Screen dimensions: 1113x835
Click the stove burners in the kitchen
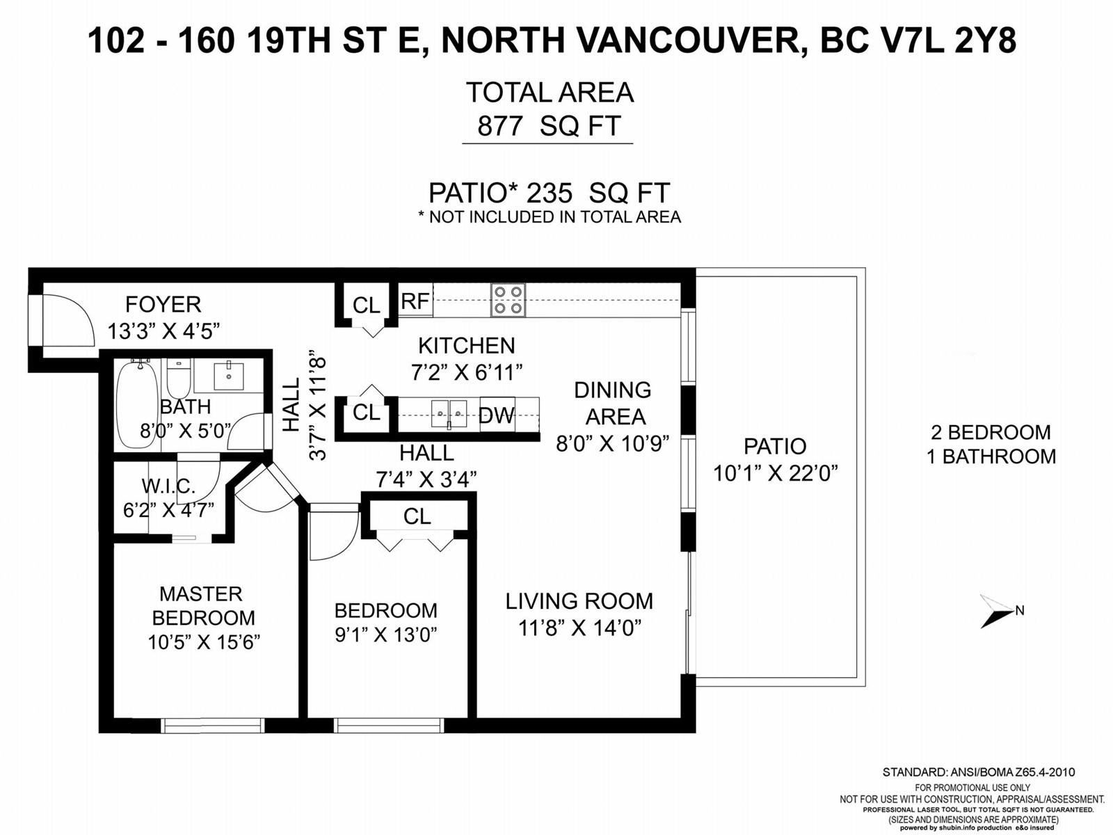click(508, 300)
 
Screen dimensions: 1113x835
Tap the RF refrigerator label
click(415, 301)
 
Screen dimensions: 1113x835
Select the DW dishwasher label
click(497, 415)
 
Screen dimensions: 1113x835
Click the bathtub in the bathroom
click(136, 404)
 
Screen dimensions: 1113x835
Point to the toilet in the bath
click(178, 379)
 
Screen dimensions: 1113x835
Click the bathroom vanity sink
click(229, 376)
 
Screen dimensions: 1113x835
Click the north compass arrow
click(998, 612)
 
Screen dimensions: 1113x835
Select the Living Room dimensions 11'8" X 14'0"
click(579, 629)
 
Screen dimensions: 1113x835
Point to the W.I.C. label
click(168, 486)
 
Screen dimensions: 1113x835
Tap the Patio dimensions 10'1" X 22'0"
click(776, 474)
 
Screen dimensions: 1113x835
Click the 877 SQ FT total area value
click(549, 126)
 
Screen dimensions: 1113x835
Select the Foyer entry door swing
click(68, 320)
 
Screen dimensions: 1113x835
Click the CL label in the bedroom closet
click(417, 516)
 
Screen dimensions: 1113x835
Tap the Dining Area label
click(613, 404)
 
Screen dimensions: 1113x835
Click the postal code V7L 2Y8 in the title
click(918, 40)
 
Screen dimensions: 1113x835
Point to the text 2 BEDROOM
click(991, 432)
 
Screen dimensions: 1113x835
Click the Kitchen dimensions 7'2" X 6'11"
click(467, 373)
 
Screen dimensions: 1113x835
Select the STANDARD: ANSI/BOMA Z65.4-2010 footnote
click(979, 772)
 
